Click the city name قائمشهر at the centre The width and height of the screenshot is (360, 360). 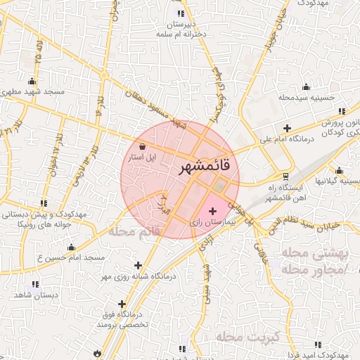click(x=204, y=167)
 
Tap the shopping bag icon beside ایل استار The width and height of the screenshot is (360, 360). click(x=143, y=147)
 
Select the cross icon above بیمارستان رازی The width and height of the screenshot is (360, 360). click(x=213, y=211)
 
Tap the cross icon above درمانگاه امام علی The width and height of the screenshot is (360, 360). click(x=287, y=127)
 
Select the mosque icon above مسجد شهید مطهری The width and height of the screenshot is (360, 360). click(x=32, y=81)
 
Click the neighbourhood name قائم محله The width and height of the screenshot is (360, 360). click(x=134, y=232)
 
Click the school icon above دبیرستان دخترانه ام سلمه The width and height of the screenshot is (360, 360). click(x=181, y=13)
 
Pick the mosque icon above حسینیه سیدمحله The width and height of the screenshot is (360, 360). click(x=305, y=87)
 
